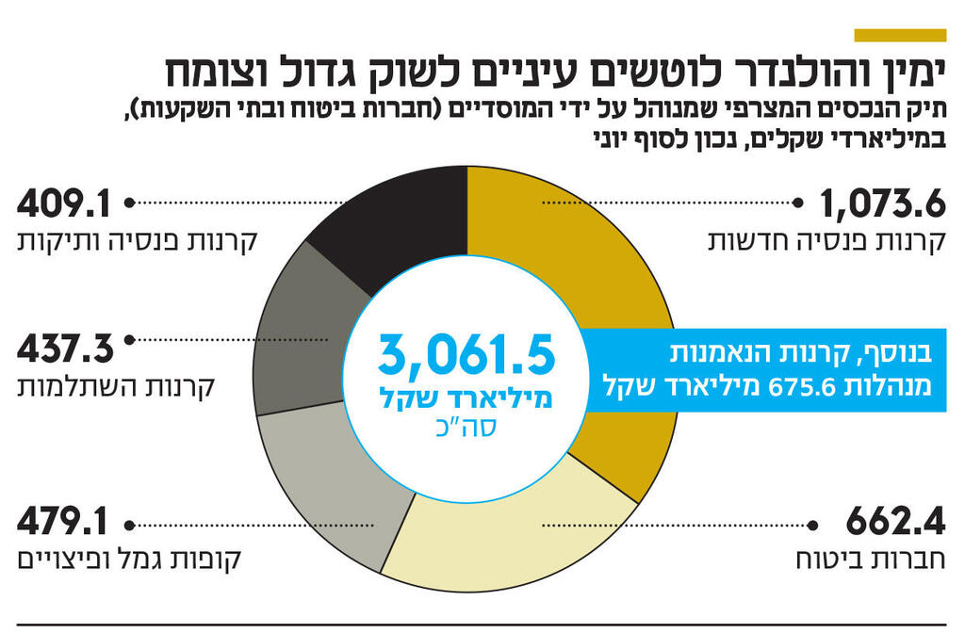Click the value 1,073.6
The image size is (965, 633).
point(881,203)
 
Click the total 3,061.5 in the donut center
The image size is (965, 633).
point(467,355)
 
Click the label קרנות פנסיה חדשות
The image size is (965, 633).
point(826,239)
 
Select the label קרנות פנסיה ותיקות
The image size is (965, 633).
point(138,239)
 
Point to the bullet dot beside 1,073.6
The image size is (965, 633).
point(801,202)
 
